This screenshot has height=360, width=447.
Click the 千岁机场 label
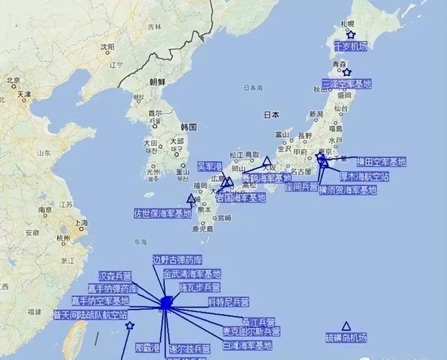point(350,47)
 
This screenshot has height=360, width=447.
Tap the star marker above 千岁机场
point(351,34)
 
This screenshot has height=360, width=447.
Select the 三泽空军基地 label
point(346,84)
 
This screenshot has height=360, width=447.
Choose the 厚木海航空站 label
point(364,176)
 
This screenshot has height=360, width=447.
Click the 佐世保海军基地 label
point(163,213)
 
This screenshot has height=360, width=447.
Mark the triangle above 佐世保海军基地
point(191,199)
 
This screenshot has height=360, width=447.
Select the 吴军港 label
point(210,166)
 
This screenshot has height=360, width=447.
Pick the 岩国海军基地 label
point(232,197)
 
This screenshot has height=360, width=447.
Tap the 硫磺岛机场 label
point(345,338)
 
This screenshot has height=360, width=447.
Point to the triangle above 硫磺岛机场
point(346,326)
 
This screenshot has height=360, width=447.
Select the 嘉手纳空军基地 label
point(100,301)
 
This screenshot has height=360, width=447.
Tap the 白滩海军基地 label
point(247,345)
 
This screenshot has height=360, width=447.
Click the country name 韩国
point(189,127)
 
